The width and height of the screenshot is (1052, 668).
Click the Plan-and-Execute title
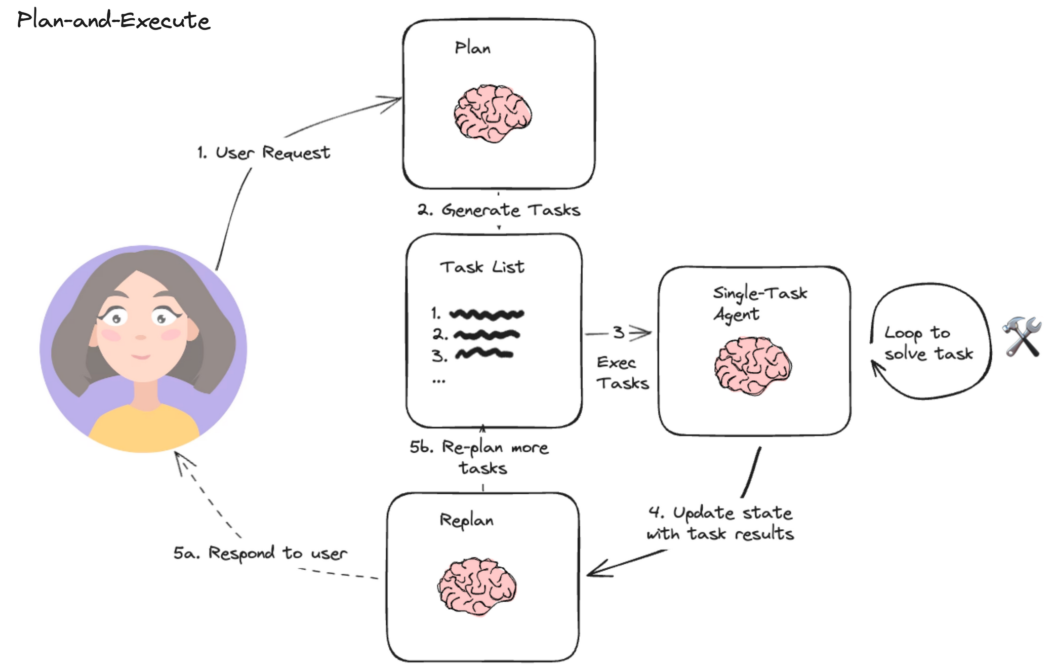(x=113, y=20)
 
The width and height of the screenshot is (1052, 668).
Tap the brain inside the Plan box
(x=493, y=113)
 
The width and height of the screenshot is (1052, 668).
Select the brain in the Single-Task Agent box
(x=753, y=366)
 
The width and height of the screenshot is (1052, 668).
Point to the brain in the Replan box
(x=477, y=586)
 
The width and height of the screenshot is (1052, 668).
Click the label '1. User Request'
(x=264, y=153)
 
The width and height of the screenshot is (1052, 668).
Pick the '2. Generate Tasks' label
(x=499, y=210)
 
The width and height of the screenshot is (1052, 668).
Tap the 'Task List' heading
(x=482, y=267)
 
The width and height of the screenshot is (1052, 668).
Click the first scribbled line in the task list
(x=487, y=315)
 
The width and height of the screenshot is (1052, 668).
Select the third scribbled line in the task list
(x=484, y=353)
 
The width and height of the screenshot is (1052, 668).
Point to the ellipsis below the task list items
(x=438, y=381)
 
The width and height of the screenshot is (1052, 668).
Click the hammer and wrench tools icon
(x=1022, y=337)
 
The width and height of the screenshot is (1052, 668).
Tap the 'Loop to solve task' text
(x=928, y=343)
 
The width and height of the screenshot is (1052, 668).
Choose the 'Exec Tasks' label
(x=622, y=373)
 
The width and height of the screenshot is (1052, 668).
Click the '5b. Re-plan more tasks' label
(x=479, y=457)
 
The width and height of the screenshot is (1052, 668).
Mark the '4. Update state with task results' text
(x=720, y=523)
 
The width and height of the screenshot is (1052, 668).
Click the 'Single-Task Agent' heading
(x=759, y=304)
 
